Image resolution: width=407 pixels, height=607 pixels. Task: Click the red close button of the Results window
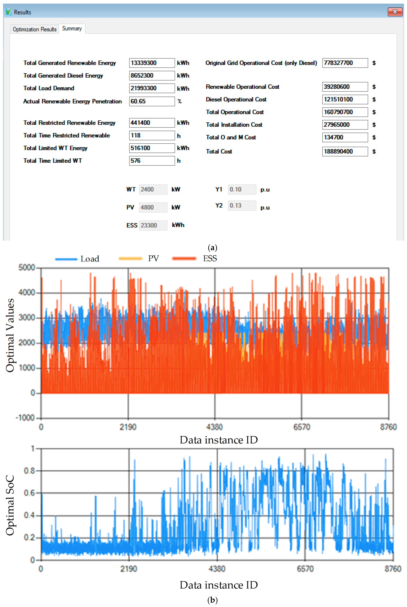[395, 12]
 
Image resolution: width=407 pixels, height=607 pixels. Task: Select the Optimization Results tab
[35, 29]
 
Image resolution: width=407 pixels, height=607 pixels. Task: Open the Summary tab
[72, 28]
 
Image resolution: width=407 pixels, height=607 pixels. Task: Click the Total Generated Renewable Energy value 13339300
[152, 63]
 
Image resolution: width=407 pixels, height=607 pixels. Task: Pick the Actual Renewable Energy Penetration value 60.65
[152, 101]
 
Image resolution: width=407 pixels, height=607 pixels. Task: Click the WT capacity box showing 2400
[153, 189]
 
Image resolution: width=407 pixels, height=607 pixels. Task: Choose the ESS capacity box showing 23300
[153, 225]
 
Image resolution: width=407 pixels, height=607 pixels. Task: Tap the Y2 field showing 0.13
[242, 206]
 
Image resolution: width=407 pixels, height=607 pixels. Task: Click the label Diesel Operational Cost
[236, 99]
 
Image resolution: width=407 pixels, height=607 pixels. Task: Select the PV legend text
[153, 258]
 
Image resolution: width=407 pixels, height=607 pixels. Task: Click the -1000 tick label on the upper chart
[25, 418]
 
